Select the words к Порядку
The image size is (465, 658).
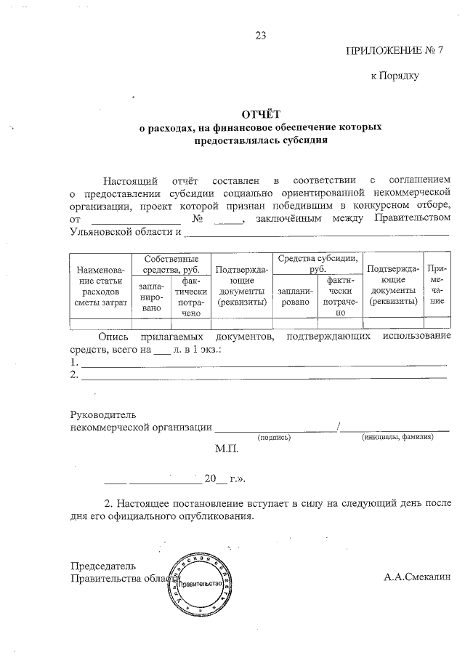tap(395, 74)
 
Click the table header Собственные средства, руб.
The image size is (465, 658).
tap(171, 264)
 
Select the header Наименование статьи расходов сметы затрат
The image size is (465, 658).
tap(100, 289)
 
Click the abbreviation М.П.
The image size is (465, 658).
tap(227, 450)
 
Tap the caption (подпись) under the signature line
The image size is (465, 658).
tap(275, 438)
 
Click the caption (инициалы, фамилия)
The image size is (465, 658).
tap(397, 438)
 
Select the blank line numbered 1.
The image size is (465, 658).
tap(263, 362)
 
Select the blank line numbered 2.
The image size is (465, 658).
tap(263, 375)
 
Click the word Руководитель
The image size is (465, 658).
tap(102, 414)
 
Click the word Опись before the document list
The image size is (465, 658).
tap(113, 337)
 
